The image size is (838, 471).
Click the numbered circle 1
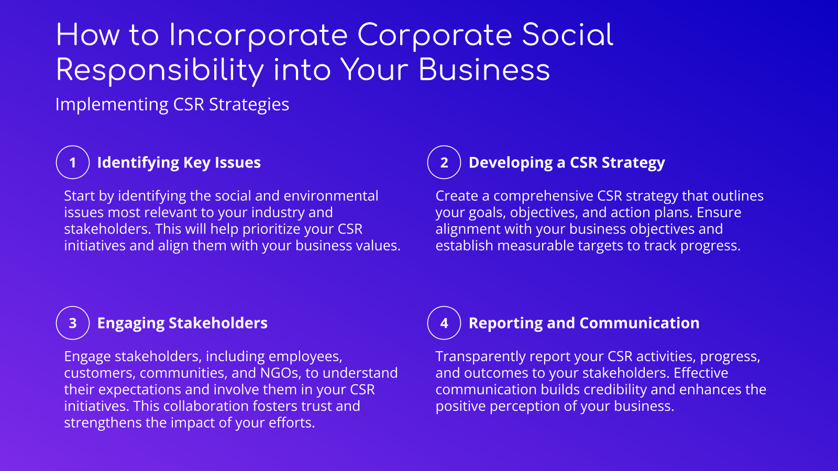(73, 162)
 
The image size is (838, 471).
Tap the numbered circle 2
(444, 162)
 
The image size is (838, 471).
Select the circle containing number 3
(73, 323)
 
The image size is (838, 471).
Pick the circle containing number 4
(444, 323)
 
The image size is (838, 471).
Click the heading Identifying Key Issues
(179, 163)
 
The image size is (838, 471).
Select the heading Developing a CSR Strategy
(567, 163)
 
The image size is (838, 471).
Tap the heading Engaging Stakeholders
(182, 323)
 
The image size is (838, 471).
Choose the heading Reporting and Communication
(584, 323)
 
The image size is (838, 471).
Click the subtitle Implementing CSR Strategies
(172, 105)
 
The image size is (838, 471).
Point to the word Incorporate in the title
(259, 36)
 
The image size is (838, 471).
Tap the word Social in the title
(567, 36)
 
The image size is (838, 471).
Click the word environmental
(330, 196)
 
